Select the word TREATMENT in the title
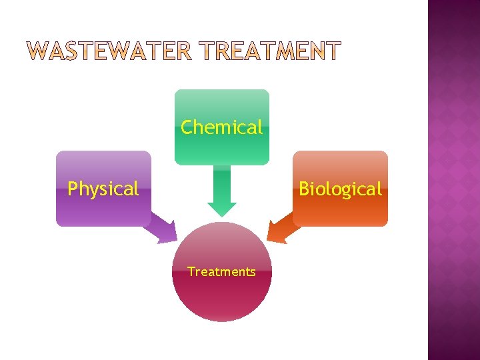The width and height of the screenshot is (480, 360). (x=271, y=51)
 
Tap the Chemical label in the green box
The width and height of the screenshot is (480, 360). (x=222, y=127)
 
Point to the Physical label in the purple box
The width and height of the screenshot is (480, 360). (x=103, y=189)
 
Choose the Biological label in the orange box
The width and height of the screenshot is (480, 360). (x=340, y=189)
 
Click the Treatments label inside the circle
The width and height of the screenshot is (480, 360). (x=221, y=272)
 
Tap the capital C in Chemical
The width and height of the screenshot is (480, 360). (x=187, y=127)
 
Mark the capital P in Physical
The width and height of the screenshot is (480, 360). (x=72, y=189)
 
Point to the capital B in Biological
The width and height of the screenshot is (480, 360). (x=304, y=189)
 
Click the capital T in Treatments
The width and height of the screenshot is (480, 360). (x=191, y=272)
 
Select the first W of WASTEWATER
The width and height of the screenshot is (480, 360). (x=39, y=51)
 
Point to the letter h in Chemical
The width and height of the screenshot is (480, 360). (x=198, y=127)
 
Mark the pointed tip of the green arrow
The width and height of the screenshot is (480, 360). (x=222, y=215)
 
